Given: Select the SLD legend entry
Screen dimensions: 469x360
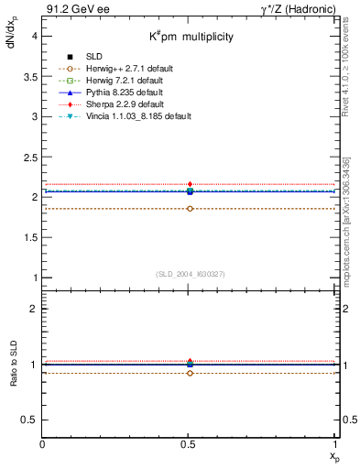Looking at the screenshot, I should (94, 57).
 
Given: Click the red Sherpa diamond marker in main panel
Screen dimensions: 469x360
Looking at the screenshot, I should (190, 184).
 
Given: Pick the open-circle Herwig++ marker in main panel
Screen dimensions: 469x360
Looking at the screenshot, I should (190, 209).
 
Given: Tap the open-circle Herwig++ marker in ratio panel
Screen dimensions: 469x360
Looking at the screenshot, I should (190, 373).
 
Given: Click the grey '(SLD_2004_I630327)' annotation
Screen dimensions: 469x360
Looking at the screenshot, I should (190, 274).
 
